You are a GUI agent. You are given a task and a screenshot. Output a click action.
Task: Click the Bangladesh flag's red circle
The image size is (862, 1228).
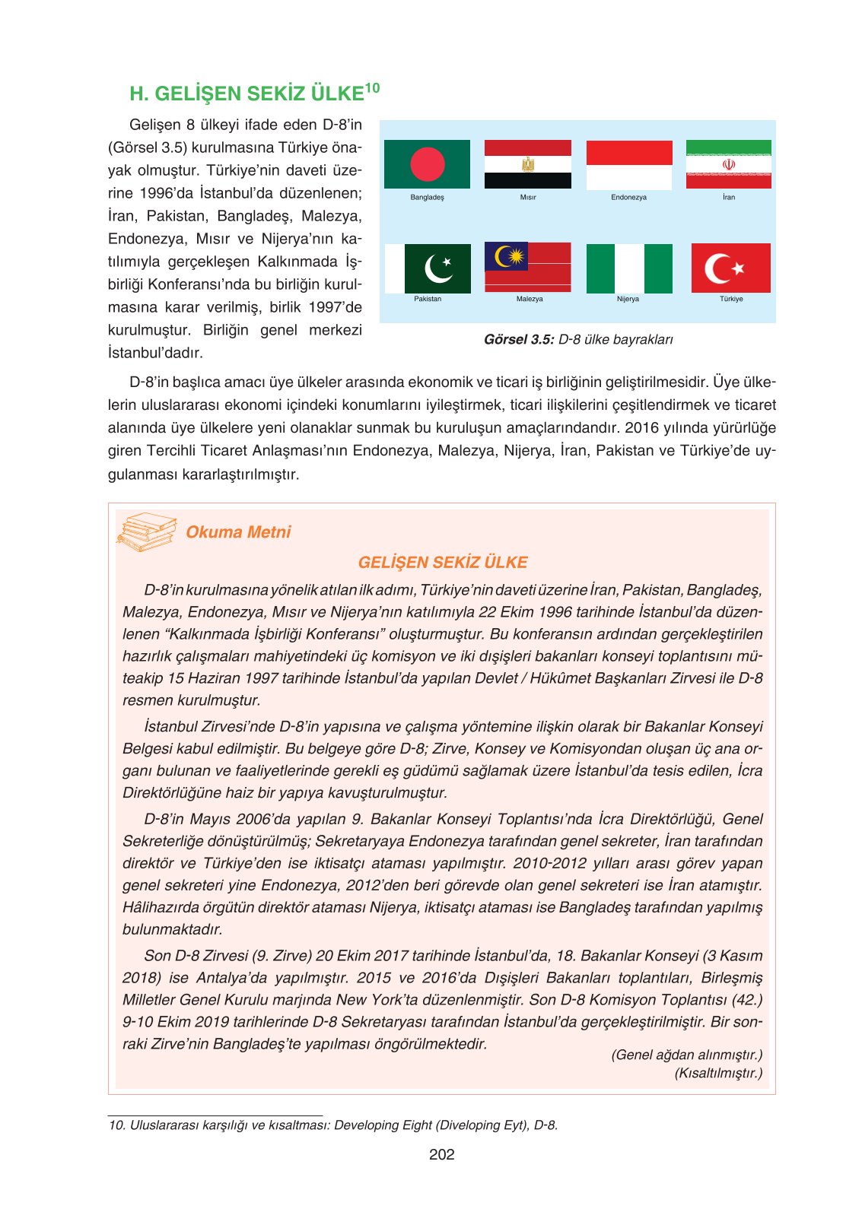(x=427, y=163)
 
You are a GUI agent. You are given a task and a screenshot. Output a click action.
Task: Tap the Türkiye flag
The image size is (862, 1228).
(x=730, y=268)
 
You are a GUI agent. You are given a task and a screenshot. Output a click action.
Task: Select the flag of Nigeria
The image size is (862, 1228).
(x=629, y=268)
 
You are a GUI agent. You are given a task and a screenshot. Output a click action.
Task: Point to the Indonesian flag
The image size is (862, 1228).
(x=629, y=164)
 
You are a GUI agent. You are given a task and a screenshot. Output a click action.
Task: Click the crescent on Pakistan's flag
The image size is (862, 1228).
(x=437, y=268)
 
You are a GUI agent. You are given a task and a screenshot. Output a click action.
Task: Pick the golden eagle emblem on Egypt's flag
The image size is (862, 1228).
(x=528, y=164)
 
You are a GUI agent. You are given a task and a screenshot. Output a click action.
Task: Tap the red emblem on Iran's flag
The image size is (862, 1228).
(x=729, y=164)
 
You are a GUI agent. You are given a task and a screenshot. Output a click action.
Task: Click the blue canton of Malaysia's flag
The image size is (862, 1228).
(x=506, y=257)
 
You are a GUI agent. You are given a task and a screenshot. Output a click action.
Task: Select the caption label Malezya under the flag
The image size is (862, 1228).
(x=530, y=299)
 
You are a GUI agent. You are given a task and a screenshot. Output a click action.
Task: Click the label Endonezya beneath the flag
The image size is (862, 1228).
(x=628, y=197)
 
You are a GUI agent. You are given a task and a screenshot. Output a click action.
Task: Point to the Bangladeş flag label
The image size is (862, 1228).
(x=427, y=197)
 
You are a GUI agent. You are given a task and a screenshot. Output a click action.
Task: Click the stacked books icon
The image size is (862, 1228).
(x=146, y=531)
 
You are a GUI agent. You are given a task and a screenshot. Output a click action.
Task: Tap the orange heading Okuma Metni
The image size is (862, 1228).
(x=238, y=532)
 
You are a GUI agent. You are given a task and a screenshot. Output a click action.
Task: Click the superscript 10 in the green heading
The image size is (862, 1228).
(x=372, y=88)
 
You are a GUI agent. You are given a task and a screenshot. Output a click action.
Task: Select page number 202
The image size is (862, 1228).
(x=442, y=1154)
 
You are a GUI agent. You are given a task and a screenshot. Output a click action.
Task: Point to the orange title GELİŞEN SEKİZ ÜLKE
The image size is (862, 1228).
(x=442, y=563)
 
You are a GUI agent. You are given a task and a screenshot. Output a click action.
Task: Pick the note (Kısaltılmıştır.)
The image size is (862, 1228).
(x=718, y=1073)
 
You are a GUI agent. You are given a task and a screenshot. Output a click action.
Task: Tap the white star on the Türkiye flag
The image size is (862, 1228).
(x=737, y=268)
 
